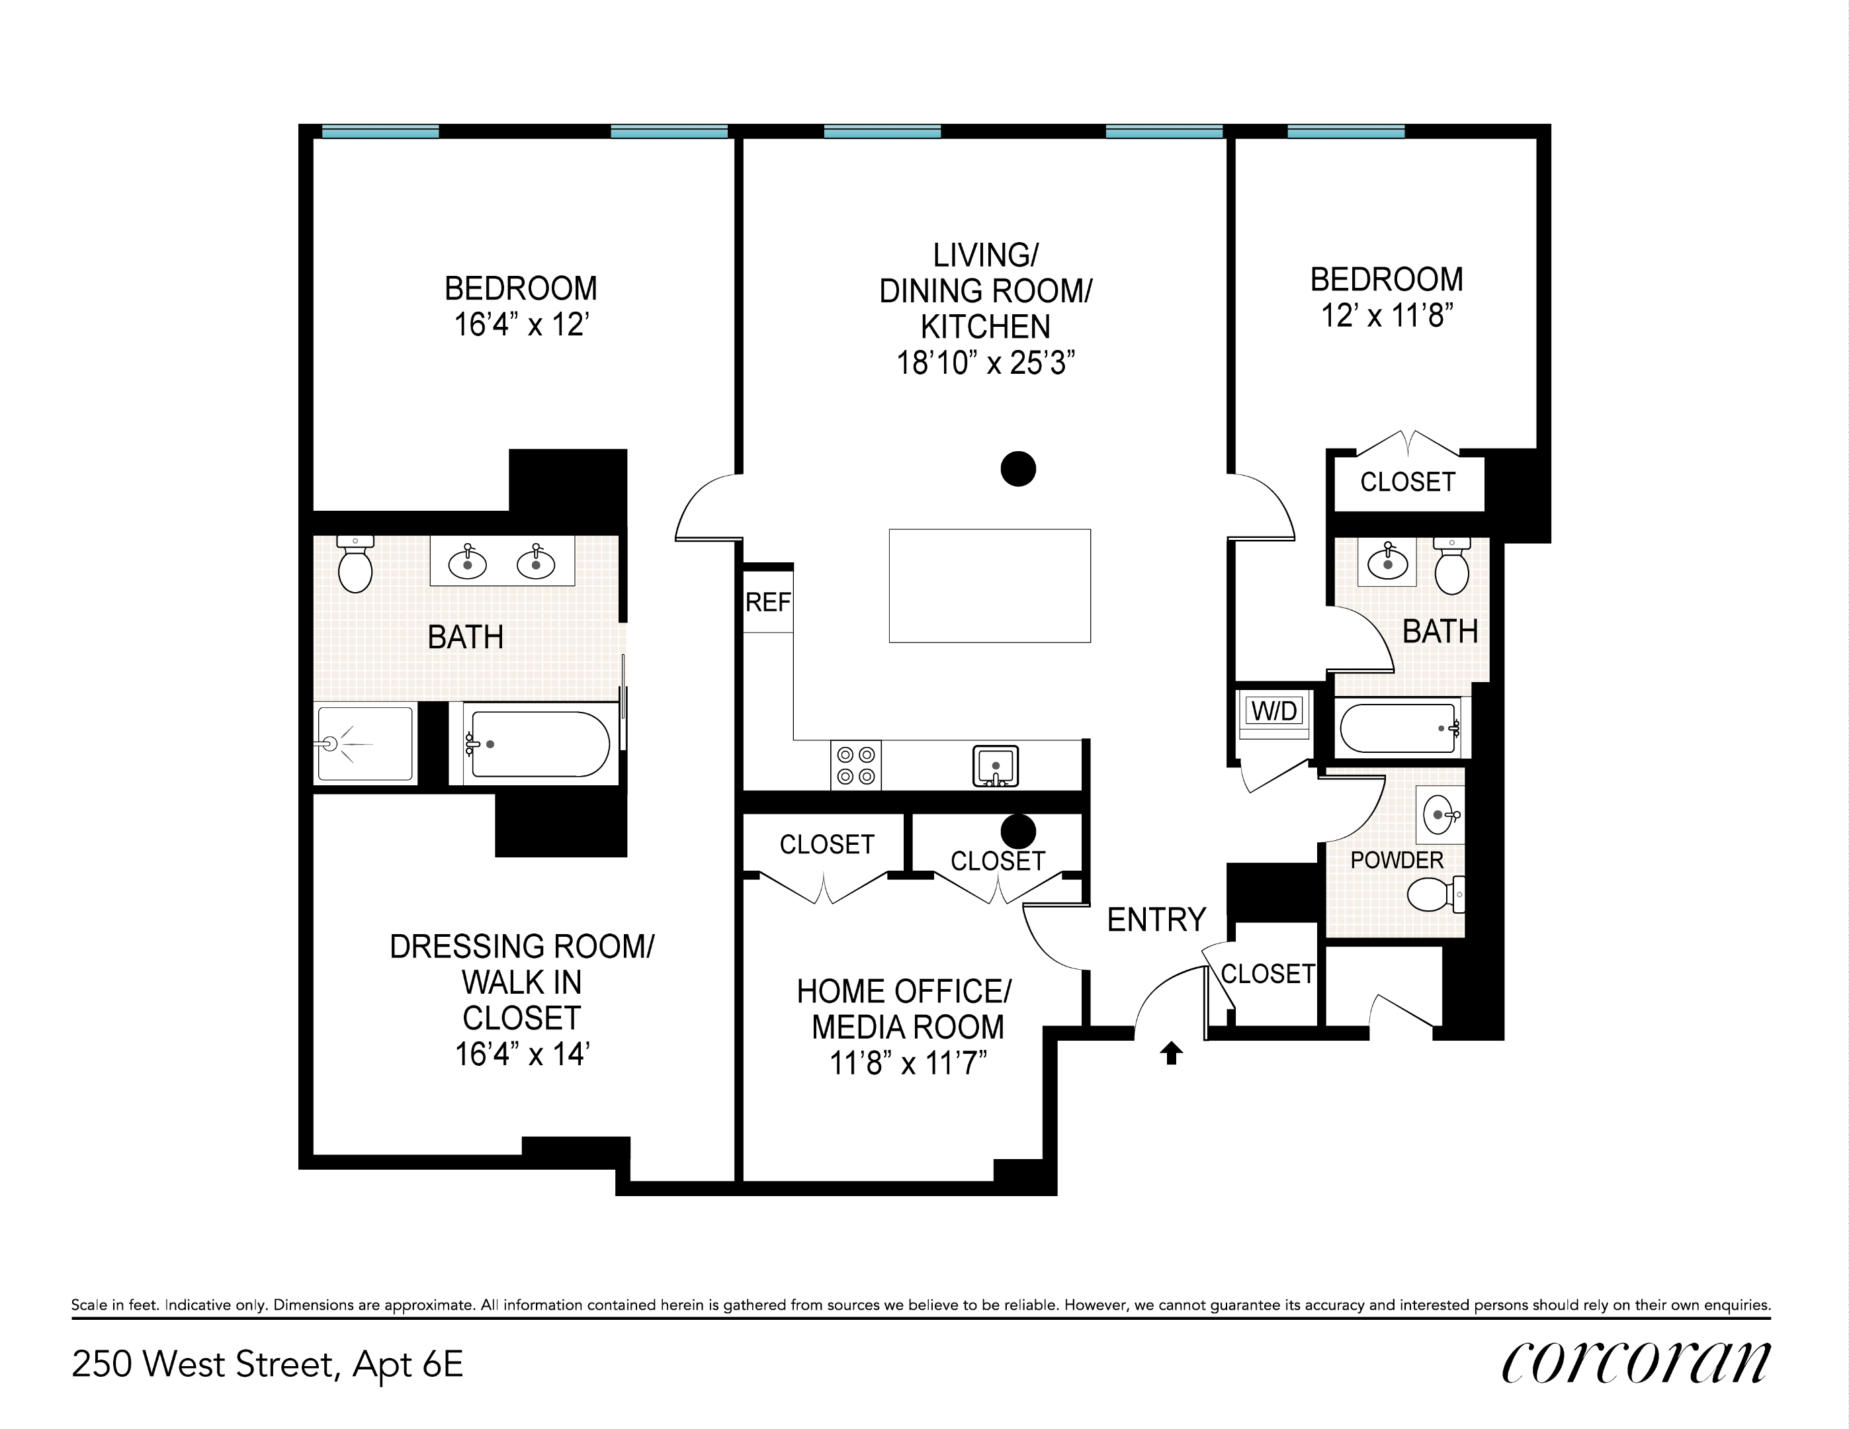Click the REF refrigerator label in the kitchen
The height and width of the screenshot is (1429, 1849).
(x=768, y=602)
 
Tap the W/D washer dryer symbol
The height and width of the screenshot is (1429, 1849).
(x=1274, y=711)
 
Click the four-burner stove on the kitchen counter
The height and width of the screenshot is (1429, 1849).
(x=855, y=764)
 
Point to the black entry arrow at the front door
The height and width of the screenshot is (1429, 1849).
(x=1171, y=1053)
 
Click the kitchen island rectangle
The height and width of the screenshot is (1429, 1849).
(x=990, y=585)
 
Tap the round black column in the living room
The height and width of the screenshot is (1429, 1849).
(x=1017, y=468)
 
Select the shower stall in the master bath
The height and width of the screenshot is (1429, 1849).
(x=365, y=744)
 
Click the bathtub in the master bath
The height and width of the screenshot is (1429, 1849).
(x=539, y=744)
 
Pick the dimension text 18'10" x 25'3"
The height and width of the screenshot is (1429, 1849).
(x=986, y=363)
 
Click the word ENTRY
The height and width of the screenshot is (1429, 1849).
(x=1156, y=920)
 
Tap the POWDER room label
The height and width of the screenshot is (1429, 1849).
(x=1396, y=860)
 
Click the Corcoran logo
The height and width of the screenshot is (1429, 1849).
(x=1635, y=1363)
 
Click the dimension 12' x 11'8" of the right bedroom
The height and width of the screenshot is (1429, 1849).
(x=1387, y=316)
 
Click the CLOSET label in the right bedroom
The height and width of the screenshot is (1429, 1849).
(x=1407, y=482)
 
